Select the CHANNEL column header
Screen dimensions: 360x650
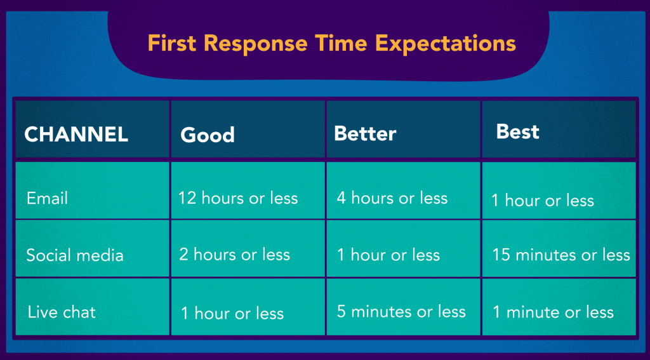click(76, 134)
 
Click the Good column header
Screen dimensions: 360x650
click(208, 135)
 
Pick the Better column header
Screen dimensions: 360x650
click(365, 133)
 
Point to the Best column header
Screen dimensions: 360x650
click(518, 131)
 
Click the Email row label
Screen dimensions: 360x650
click(47, 198)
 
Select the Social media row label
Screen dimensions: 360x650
click(75, 255)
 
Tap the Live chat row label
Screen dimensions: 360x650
click(62, 312)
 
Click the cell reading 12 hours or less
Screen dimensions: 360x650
click(238, 198)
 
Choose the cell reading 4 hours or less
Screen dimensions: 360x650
click(392, 198)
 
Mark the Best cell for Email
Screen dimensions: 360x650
click(543, 201)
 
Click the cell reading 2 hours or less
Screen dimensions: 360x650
click(234, 255)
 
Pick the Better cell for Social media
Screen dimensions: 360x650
click(388, 255)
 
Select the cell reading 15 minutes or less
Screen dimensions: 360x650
click(561, 255)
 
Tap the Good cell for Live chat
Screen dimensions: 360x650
click(232, 313)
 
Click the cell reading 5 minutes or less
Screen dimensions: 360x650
click(401, 312)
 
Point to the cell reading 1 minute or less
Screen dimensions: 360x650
click(554, 312)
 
